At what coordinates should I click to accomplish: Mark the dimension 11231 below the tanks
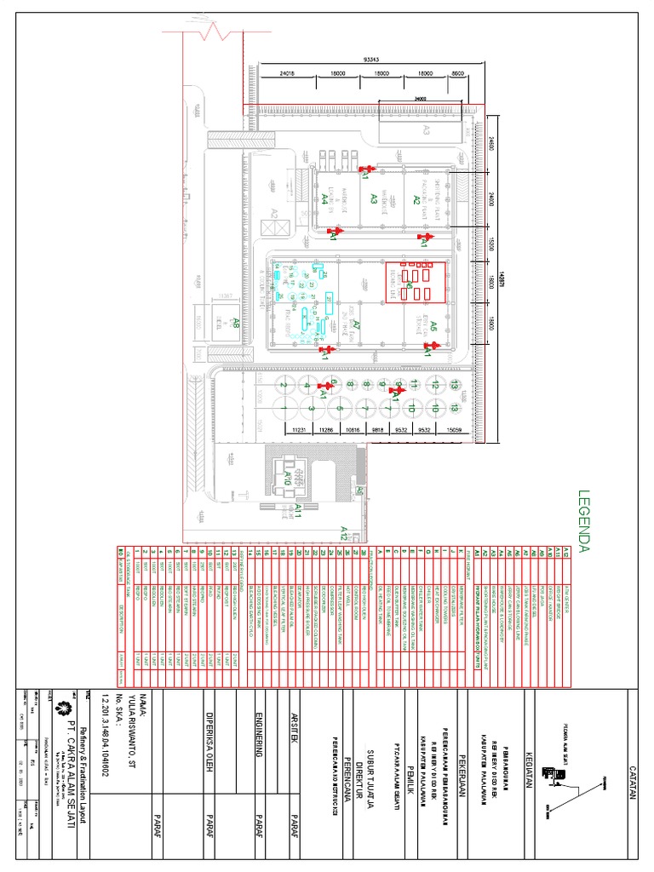[298, 430]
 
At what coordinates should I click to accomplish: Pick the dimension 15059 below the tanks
[454, 430]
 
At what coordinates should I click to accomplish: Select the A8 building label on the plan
[211, 323]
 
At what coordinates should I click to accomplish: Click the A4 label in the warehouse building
[325, 198]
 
